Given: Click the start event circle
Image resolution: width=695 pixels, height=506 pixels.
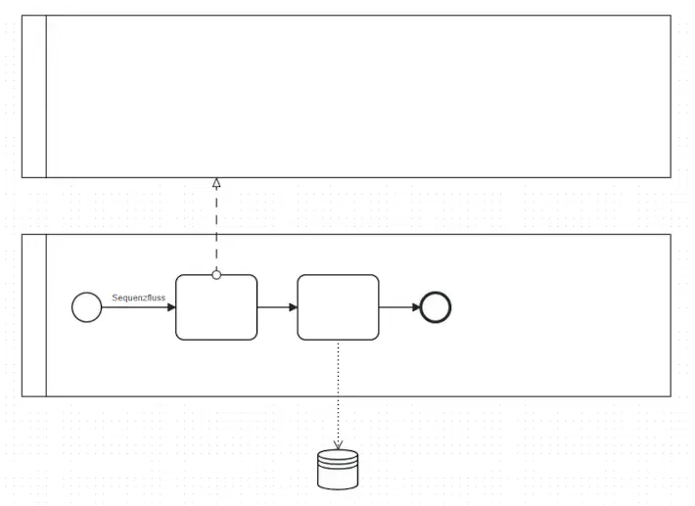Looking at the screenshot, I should tap(86, 307).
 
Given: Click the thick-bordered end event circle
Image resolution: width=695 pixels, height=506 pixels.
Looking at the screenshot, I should tap(436, 307).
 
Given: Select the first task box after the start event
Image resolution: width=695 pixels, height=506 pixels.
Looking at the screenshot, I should tap(216, 308).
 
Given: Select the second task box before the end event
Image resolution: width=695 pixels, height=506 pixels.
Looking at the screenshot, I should tap(338, 307).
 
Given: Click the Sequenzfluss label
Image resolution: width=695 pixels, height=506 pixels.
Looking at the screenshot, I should tap(138, 297).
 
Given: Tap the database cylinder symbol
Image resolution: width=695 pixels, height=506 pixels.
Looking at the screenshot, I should tap(338, 469).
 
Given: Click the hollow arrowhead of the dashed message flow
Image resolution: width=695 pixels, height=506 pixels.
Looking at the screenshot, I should tap(216, 182).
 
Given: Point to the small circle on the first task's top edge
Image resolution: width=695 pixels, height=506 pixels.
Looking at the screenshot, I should tap(216, 275).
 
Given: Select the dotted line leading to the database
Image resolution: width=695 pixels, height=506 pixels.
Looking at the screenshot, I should tap(338, 391).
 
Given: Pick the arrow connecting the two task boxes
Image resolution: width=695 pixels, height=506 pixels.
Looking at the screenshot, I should tap(276, 307).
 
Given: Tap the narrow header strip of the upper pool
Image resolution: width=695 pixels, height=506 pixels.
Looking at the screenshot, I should tap(34, 96).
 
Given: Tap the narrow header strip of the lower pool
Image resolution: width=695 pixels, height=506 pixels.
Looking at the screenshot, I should tap(34, 315).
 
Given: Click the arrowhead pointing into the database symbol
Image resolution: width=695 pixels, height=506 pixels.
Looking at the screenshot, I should tap(338, 444).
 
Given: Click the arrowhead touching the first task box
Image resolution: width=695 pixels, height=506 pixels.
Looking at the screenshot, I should tap(171, 307).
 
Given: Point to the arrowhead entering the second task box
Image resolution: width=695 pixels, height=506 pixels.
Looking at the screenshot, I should tap(293, 307).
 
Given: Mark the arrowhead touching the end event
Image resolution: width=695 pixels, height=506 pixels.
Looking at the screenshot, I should tap(415, 307).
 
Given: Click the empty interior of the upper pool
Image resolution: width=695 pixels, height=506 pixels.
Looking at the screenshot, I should tap(358, 96).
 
